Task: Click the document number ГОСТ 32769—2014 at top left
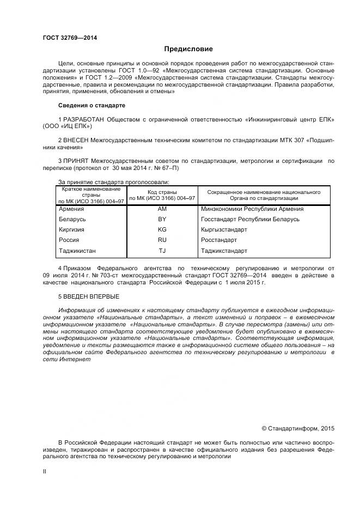[x=66, y=38]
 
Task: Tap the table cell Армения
[x=71, y=209]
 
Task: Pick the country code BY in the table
[x=162, y=219]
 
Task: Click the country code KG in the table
[x=162, y=229]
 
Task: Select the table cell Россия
[x=69, y=240]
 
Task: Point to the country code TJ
[x=162, y=251]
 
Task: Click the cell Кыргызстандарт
[x=224, y=229]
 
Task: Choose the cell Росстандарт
[x=219, y=240]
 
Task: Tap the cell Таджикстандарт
[x=224, y=251]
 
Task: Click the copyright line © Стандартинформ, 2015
[x=297, y=429]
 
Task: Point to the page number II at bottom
[x=45, y=471]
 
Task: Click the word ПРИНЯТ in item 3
[x=76, y=161]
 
